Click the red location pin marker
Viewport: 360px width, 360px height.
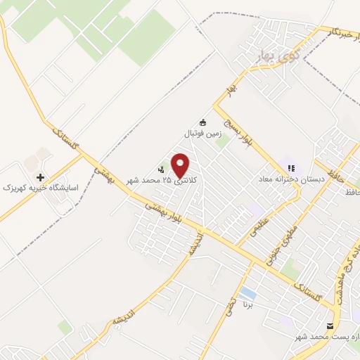[x=181, y=165]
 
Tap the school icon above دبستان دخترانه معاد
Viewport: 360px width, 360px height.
[x=290, y=168]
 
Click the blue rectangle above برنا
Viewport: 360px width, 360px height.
[x=247, y=291]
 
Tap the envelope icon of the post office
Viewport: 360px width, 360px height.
[x=330, y=326]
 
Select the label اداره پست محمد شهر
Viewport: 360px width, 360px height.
[x=332, y=338]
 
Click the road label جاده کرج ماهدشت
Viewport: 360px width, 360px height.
[x=347, y=278]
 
